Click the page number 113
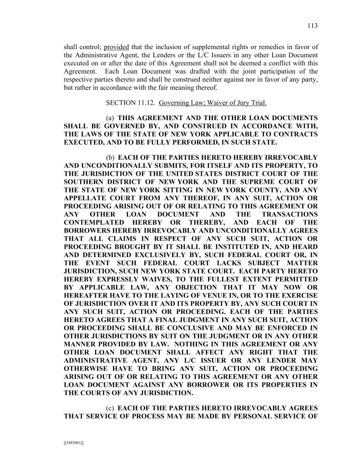[x=313, y=26]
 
